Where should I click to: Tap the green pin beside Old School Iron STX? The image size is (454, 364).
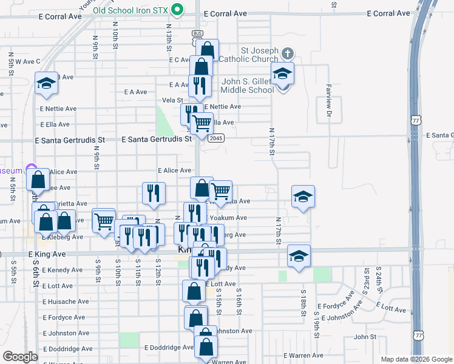pos(177,10)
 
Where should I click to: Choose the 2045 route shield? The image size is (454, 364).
pos(215,138)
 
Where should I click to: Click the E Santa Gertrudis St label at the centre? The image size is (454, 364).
pos(157,139)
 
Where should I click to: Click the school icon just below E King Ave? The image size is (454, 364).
pos(299,255)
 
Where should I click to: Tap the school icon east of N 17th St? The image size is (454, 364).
pos(303,196)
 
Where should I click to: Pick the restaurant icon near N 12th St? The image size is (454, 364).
pos(154,193)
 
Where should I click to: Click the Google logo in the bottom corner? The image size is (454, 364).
pos(20,357)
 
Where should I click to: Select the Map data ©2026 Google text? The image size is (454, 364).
pos(416,360)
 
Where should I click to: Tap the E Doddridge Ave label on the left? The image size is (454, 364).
pos(68,349)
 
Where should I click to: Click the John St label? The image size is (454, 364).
pos(366,337)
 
